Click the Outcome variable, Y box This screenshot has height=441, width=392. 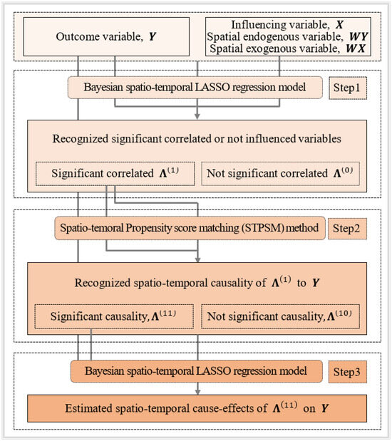106,36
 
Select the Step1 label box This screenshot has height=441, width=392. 348,88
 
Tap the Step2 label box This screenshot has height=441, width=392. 348,229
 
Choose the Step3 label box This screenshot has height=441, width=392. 348,372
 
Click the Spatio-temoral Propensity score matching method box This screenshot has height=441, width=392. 190,228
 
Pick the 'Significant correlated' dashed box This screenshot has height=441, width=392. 115,174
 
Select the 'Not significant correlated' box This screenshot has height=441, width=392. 281,174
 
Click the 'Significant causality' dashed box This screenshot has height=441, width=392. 114,316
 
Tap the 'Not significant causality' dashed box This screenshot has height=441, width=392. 281,316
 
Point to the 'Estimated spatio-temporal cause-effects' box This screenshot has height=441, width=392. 197,408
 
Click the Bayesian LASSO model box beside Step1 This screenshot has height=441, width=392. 195,88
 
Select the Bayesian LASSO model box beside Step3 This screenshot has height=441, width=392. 197,371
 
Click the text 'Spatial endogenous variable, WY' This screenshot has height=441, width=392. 288,36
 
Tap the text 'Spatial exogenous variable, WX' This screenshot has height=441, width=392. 288,48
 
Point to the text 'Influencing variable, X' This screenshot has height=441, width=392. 287,25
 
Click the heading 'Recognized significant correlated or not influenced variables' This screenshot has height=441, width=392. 197,139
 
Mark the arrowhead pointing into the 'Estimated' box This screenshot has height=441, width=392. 198,392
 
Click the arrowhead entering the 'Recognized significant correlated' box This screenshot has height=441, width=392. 197,116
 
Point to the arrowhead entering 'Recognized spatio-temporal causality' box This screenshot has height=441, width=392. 198,259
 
